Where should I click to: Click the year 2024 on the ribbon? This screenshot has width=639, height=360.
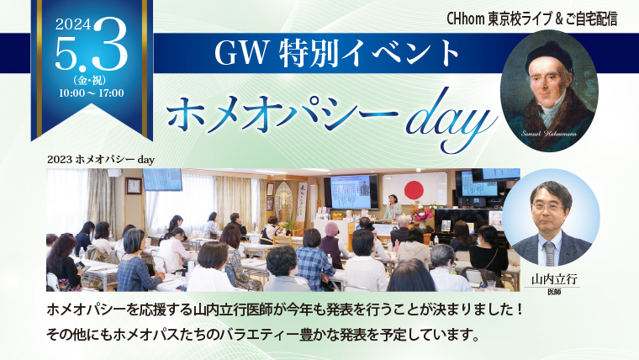click(73, 25)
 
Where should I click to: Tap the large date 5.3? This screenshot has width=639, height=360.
click(92, 48)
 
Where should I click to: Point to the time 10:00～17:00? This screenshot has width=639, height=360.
click(92, 93)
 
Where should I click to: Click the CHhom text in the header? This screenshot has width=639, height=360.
click(465, 19)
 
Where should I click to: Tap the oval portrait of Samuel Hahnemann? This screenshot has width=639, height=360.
click(549, 92)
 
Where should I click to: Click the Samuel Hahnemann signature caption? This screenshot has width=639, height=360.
click(549, 134)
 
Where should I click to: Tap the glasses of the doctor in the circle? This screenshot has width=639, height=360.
click(547, 207)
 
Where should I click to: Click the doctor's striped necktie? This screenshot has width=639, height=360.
click(550, 253)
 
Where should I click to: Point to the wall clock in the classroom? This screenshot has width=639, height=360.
click(134, 186)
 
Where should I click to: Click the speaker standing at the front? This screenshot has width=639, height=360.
click(392, 207)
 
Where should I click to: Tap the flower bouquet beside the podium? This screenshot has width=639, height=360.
click(422, 212)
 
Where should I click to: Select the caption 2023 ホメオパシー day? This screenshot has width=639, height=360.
click(101, 160)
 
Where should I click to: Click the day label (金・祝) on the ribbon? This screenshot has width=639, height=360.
click(92, 80)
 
